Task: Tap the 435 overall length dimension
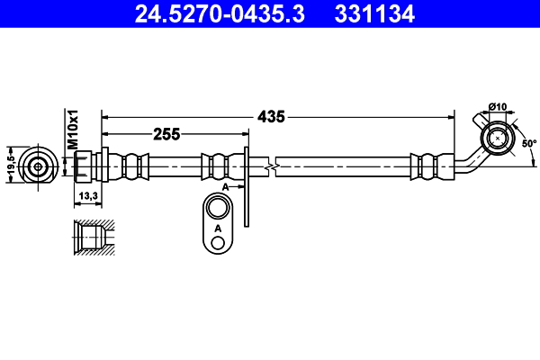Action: pos(271,116)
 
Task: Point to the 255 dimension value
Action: pos(166,134)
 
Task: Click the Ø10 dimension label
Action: pos(499,108)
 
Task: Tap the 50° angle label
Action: pos(528,142)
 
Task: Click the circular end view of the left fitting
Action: pos(38,166)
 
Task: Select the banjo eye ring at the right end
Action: pos(496,139)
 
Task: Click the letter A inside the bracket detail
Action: pos(218,229)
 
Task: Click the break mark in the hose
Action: pos(270,166)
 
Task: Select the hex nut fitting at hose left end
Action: pos(84,166)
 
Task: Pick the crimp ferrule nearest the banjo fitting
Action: pos(427,166)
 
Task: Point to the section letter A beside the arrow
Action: pos(228,185)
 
